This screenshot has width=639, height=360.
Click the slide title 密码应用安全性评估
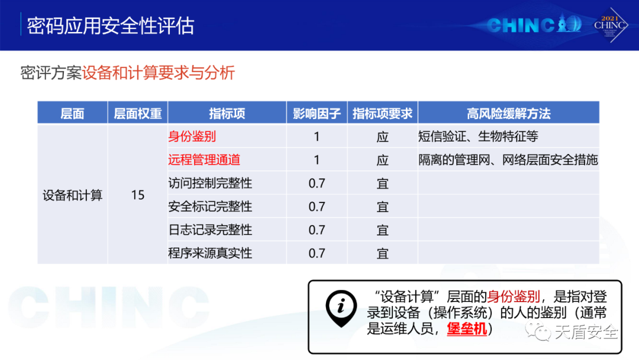click(x=111, y=25)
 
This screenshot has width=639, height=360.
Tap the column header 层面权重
click(x=138, y=113)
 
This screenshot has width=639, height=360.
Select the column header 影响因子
click(x=317, y=113)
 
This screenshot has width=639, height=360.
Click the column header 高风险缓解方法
click(x=509, y=113)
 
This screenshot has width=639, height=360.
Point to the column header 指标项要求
click(x=382, y=113)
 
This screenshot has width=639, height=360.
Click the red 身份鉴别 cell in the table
click(x=192, y=136)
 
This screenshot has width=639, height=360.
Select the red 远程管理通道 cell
click(x=204, y=159)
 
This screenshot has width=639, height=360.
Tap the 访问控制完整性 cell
click(x=210, y=183)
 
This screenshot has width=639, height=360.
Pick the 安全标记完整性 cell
click(x=210, y=206)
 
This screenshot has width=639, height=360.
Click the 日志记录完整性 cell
click(x=210, y=230)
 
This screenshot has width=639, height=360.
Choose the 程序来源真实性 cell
click(x=210, y=253)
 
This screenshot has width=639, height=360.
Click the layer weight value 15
click(x=138, y=195)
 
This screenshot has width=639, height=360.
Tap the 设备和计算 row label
click(x=73, y=195)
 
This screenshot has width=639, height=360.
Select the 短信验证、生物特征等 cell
click(x=479, y=136)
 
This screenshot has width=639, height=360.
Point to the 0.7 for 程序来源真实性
click(x=317, y=253)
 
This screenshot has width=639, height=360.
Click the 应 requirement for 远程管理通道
click(x=382, y=160)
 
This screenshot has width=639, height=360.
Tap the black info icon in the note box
click(x=341, y=308)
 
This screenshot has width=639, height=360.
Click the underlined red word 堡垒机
click(x=467, y=329)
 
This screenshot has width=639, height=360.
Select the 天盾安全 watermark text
click(x=586, y=332)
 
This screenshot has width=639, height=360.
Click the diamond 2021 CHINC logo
click(x=610, y=25)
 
